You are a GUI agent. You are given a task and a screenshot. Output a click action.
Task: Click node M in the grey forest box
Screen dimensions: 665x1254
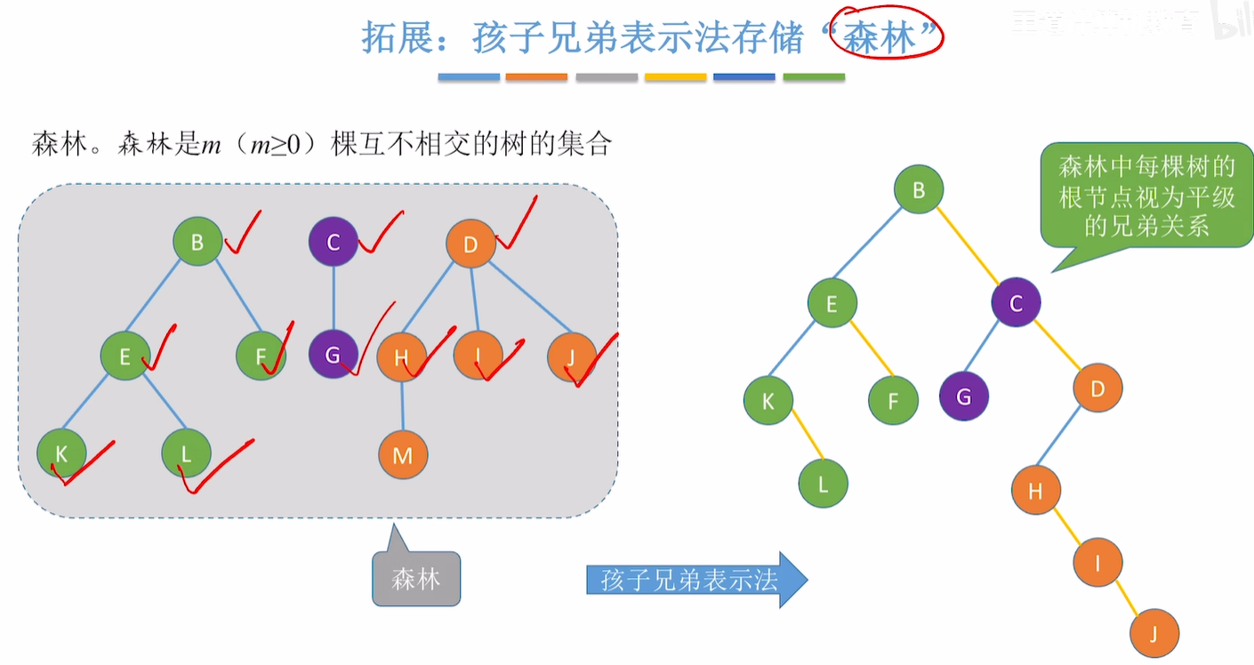(403, 455)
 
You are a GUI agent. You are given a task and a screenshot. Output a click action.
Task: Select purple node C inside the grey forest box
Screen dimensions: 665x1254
(334, 242)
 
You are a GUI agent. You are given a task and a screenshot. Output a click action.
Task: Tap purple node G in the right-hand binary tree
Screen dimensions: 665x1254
(964, 397)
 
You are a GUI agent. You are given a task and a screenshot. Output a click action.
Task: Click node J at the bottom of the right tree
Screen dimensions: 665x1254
(1154, 634)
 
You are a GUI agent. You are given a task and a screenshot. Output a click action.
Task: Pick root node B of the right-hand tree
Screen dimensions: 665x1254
(919, 188)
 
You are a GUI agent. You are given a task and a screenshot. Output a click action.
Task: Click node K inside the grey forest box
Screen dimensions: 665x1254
(61, 453)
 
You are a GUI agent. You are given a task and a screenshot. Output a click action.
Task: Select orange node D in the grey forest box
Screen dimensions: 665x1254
(470, 244)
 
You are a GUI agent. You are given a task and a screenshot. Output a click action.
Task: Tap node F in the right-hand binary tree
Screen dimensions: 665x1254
(893, 400)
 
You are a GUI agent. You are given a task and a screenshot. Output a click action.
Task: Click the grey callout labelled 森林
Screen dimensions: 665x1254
(416, 579)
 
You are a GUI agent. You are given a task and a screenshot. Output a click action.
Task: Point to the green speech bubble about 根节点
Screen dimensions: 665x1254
(1146, 196)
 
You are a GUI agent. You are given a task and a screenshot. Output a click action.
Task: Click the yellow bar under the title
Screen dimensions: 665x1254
(675, 77)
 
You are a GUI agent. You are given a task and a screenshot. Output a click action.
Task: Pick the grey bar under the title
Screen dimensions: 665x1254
(607, 77)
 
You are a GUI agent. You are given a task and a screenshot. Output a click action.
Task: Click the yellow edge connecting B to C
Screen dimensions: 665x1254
(968, 246)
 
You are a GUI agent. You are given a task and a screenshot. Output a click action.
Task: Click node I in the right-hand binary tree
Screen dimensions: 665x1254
(1097, 562)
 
